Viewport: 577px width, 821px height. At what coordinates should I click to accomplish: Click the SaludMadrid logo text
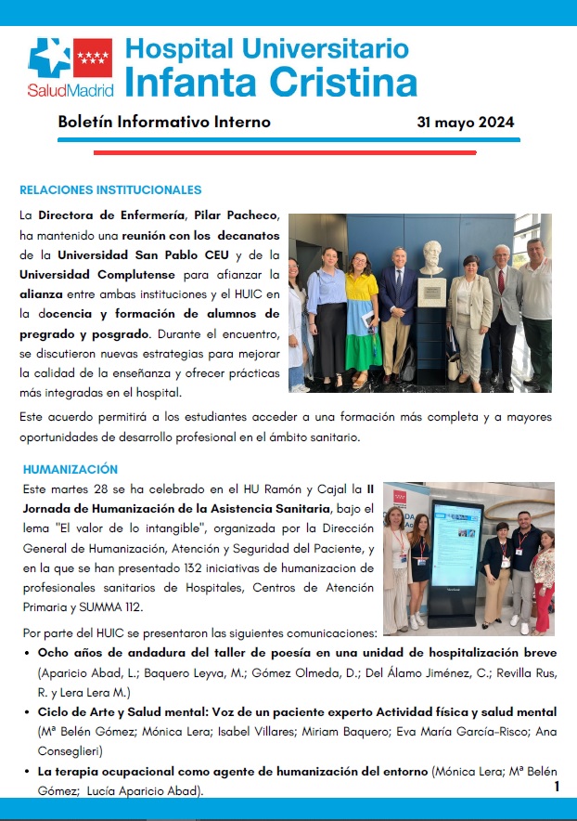(71, 91)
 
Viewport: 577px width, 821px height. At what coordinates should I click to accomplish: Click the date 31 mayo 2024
(466, 123)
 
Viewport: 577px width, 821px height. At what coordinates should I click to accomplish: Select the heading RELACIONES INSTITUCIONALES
(110, 190)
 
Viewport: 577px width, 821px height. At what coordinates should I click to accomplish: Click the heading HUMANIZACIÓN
(71, 469)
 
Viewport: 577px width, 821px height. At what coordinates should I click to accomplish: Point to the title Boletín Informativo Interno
(164, 123)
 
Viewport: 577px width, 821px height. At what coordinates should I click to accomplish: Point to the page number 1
(557, 787)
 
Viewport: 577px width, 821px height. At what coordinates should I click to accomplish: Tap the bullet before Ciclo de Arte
(27, 712)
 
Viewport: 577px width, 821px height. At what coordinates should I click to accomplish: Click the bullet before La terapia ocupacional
(27, 772)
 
